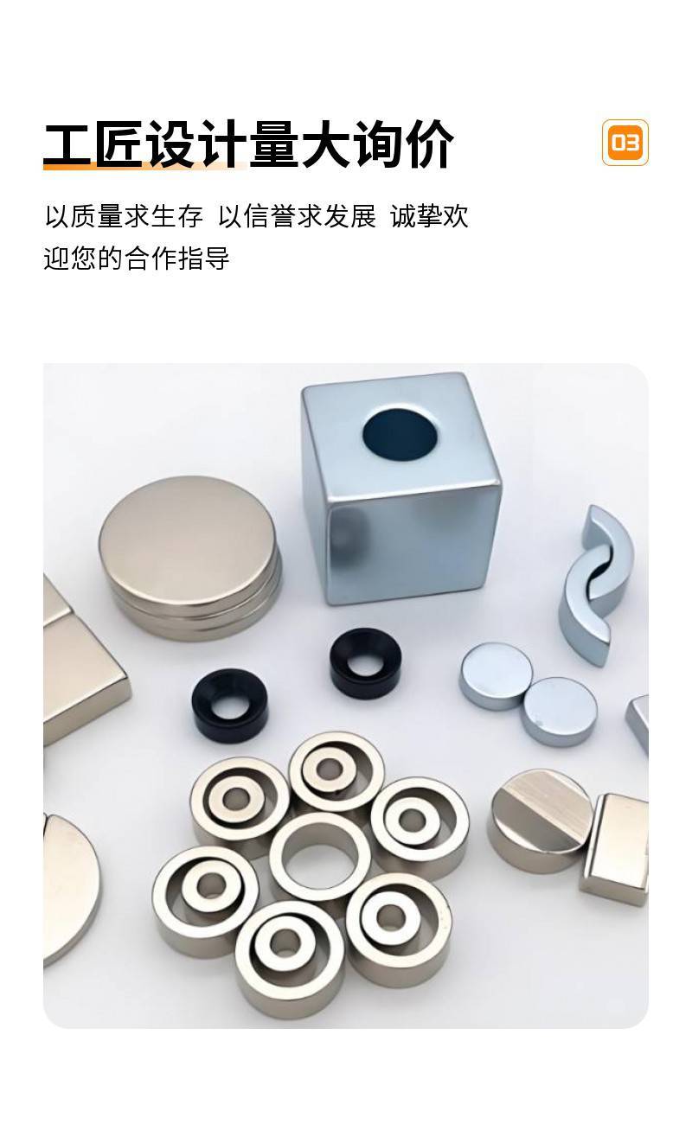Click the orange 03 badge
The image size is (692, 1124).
coord(625,143)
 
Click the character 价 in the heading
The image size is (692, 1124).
coord(430,144)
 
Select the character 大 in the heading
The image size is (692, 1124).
coord(327,144)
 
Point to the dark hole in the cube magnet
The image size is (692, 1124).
coord(400,435)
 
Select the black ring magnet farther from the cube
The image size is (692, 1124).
coord(229,706)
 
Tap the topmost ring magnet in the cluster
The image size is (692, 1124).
coord(336,773)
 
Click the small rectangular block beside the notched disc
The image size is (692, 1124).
coord(614,848)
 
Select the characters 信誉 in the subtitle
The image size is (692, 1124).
coord(269,216)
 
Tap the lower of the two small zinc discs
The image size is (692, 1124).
coord(559,711)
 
